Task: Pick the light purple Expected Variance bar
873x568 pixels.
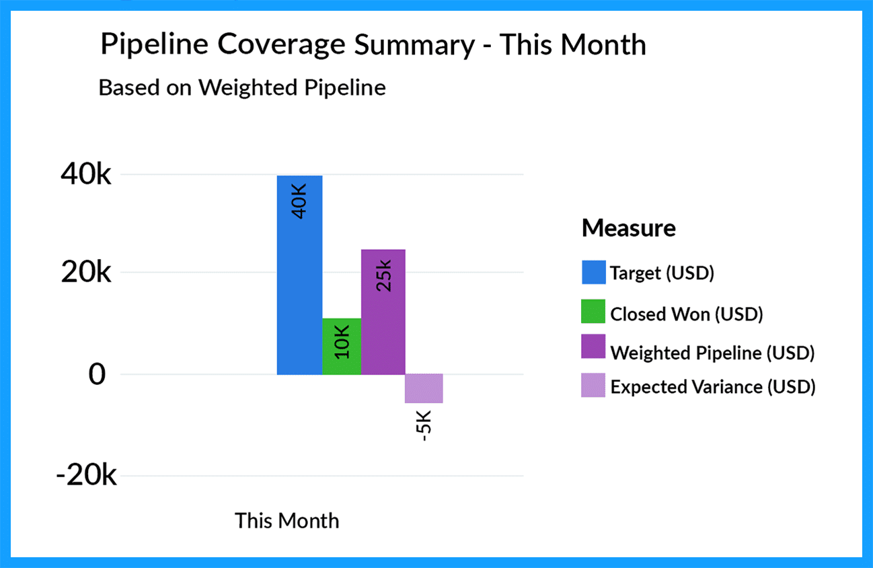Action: tap(424, 388)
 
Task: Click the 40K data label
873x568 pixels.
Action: tap(299, 201)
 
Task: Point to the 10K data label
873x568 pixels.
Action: tap(342, 342)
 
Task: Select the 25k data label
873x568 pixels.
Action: tap(383, 275)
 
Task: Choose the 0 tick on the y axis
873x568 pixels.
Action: tap(98, 374)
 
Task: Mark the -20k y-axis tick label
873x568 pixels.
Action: tap(86, 476)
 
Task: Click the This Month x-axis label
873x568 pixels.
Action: tap(287, 520)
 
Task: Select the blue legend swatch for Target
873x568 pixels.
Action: tap(593, 273)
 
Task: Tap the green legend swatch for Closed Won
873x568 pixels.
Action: tap(593, 312)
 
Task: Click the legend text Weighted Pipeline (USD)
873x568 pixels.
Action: tap(712, 352)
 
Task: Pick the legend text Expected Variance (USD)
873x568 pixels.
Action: tap(713, 387)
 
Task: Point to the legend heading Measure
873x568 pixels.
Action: tap(628, 228)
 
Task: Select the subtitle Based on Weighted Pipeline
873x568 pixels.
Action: tap(242, 87)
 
